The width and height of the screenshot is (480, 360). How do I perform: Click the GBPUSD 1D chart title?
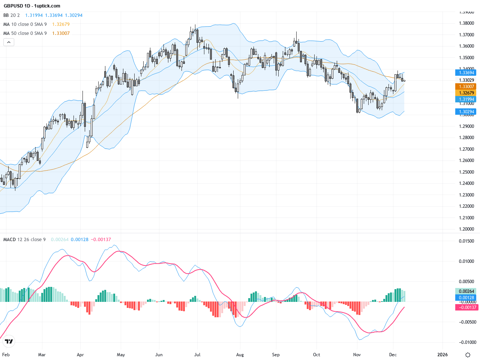[32, 6]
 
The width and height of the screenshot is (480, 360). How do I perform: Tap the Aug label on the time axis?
[240, 355]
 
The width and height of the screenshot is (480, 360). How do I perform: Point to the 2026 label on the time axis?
[442, 355]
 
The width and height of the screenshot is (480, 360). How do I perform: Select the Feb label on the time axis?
[6, 355]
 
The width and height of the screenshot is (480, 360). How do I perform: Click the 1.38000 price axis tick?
[466, 23]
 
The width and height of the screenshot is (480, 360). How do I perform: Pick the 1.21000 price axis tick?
[466, 218]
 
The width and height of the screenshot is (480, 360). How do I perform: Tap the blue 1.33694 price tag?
[465, 73]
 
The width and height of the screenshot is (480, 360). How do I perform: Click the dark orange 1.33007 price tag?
[465, 87]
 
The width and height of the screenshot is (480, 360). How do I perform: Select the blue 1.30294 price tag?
[465, 112]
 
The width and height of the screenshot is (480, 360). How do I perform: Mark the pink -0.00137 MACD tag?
[466, 307]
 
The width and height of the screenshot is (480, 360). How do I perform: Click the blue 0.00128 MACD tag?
[465, 298]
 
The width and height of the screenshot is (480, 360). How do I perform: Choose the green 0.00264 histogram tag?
[465, 291]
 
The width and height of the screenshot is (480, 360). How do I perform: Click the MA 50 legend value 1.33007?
[61, 33]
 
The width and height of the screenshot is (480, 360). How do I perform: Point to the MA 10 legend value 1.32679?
[61, 24]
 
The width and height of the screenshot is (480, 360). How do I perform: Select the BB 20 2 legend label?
[12, 15]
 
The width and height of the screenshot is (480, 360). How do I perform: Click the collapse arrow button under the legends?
[9, 42]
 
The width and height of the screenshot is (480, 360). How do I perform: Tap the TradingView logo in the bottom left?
[9, 341]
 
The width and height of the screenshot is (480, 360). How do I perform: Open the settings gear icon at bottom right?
[468, 355]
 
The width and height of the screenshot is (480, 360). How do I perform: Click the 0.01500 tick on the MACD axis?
[466, 241]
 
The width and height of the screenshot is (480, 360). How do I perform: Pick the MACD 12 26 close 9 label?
[24, 240]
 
